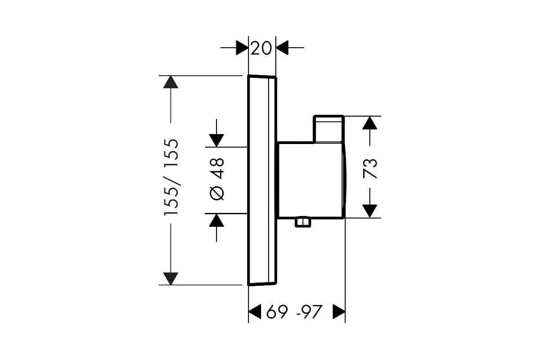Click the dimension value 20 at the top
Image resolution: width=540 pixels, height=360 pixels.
261,48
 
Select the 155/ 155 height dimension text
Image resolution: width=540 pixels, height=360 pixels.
171,177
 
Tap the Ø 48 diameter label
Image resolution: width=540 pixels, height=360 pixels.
217,179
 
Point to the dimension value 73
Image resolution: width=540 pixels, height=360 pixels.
370,168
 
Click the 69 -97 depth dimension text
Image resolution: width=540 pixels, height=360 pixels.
294,311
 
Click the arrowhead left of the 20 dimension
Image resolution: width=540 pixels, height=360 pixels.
242,48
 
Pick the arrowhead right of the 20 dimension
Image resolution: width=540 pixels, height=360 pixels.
282,48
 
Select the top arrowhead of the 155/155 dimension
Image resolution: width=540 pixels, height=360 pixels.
171,82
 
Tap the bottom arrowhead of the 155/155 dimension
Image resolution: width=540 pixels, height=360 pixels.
171,279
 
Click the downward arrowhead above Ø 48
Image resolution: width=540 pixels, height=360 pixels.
216,140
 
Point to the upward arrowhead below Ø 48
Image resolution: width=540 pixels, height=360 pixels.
216,220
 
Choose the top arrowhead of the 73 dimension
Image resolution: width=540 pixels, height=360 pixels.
369,123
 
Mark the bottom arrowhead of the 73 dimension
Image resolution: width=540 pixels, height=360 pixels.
369,211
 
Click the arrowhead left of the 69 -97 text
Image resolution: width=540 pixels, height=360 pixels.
255,311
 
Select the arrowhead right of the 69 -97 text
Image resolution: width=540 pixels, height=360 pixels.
339,311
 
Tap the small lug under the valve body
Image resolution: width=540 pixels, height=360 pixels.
303,223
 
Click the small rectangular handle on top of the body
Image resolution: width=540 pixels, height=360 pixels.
328,129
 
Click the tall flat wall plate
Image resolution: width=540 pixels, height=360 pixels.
262,180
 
